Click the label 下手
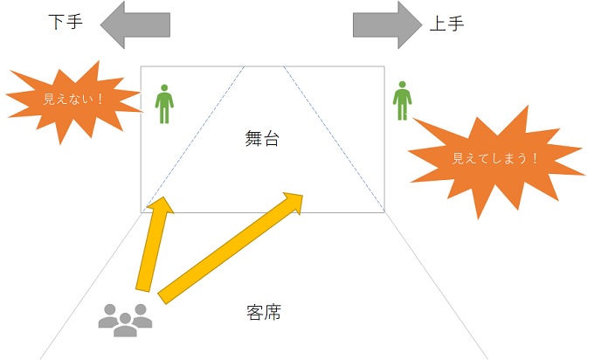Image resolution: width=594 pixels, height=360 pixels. click(65, 22)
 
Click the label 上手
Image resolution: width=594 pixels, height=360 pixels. click(446, 24)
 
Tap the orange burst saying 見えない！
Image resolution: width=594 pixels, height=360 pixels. click(73, 98)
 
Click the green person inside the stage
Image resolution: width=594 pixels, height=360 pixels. click(163, 104)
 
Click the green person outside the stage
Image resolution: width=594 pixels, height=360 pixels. click(402, 101)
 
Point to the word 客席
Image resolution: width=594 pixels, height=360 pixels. click(263, 311)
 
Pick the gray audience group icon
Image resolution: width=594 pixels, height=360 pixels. click(125, 319)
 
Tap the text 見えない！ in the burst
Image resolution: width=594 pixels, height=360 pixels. click(73, 99)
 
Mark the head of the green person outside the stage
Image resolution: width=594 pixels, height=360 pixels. click(402, 86)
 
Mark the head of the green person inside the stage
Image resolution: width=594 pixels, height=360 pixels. click(163, 88)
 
